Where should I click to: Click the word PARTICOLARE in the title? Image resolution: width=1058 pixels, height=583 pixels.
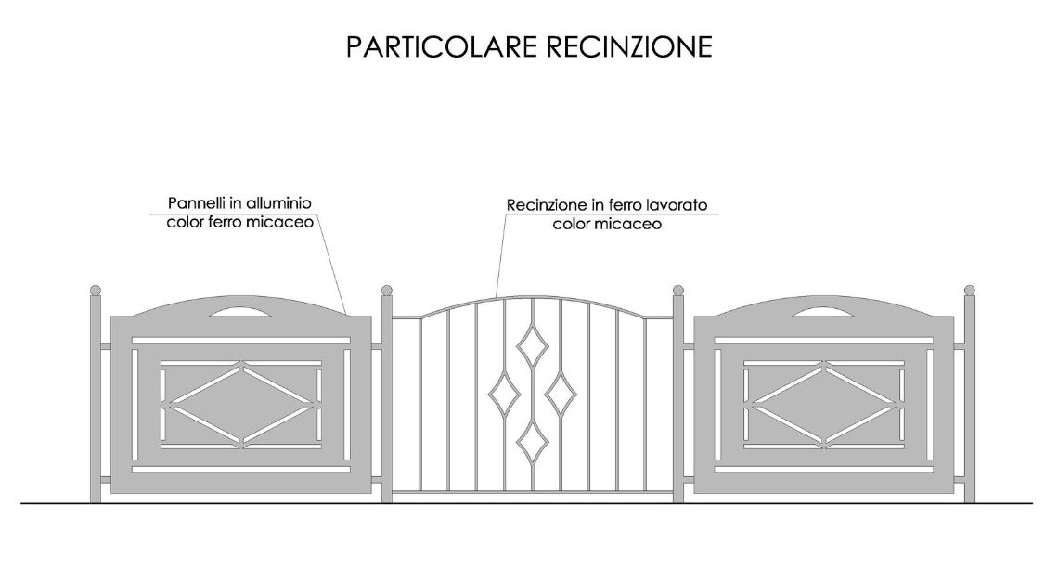(x=441, y=46)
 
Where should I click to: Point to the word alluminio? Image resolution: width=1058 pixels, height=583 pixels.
(x=278, y=202)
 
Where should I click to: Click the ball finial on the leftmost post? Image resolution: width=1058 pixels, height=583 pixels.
(x=96, y=291)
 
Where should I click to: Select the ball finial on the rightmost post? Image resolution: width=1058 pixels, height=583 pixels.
(x=970, y=291)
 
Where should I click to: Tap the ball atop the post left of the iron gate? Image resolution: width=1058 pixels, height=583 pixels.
(x=387, y=291)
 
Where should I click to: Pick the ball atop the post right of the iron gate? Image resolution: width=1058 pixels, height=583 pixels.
(x=678, y=291)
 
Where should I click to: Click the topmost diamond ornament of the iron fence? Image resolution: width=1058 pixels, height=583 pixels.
(x=533, y=346)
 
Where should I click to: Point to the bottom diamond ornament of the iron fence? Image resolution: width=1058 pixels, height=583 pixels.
(x=533, y=443)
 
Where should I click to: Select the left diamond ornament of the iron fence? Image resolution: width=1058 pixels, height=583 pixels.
(x=504, y=394)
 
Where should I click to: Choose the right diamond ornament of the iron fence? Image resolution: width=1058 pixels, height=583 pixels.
(x=561, y=394)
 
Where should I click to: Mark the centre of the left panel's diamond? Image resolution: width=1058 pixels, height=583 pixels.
(x=241, y=405)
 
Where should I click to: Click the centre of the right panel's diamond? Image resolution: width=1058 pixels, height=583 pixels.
(x=824, y=405)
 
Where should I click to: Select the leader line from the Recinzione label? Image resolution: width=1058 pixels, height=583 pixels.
(x=500, y=255)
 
